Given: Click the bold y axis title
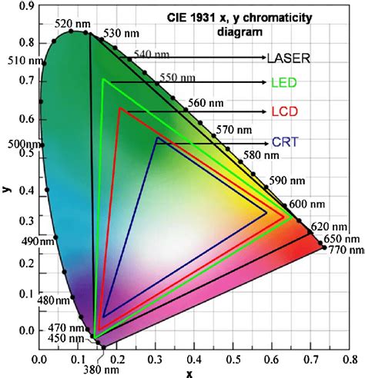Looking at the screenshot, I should (7, 188).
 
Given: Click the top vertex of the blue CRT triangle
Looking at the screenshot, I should (156, 138).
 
